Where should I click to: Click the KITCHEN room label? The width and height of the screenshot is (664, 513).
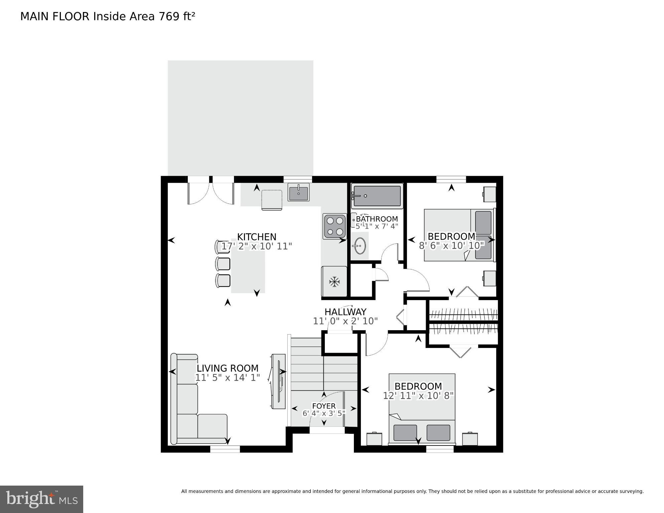257,237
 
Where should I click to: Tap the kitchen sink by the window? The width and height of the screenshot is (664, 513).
298,194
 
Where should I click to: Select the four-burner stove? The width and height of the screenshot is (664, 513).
335,226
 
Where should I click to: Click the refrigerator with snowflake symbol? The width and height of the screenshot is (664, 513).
334,281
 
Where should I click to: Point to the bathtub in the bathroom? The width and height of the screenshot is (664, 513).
377,196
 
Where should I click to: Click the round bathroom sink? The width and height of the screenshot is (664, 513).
359,246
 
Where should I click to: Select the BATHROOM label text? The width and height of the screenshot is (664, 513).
377,219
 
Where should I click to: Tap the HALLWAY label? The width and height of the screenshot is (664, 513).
345,312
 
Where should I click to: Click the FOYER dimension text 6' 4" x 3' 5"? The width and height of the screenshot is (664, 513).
323,413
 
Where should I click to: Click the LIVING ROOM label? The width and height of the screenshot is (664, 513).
227,368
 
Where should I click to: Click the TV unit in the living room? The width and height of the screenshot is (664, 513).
278,381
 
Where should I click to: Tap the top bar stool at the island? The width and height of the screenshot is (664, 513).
223,247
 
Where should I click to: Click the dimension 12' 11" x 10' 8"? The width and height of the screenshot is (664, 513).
418,396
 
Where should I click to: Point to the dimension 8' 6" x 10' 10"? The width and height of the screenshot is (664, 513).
451,246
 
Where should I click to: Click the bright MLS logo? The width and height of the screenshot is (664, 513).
41,499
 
